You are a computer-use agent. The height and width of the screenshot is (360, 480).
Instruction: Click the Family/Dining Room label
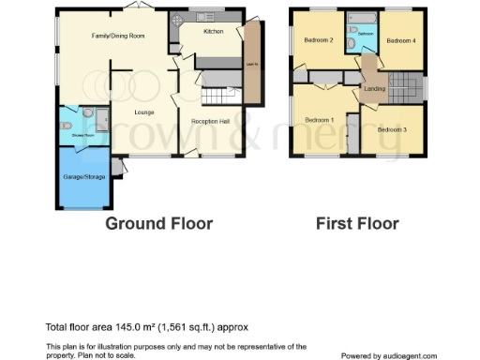click(x=117, y=36)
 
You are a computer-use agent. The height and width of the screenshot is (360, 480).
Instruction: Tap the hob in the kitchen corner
click(x=176, y=21)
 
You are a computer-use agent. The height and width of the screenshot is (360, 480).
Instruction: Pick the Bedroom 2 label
click(x=319, y=39)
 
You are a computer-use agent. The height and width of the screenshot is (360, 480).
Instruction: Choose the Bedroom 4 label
click(x=401, y=40)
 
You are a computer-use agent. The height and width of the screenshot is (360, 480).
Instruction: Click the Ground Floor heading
click(x=158, y=223)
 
